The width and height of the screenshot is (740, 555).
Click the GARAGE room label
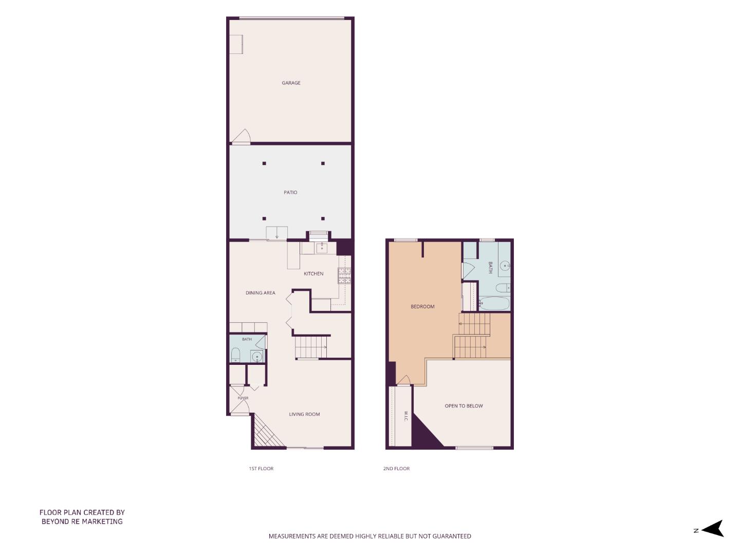[291, 83]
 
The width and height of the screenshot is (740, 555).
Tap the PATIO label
[290, 192]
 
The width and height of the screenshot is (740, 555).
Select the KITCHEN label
[313, 273]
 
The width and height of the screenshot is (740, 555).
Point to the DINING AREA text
[260, 293]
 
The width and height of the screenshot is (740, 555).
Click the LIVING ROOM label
[304, 414]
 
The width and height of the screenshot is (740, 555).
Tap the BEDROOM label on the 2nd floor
[422, 307]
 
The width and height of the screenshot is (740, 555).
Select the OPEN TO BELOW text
[464, 406]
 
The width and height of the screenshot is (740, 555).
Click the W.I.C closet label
[406, 416]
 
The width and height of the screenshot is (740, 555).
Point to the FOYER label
[243, 398]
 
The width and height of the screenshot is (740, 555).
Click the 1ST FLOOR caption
[261, 468]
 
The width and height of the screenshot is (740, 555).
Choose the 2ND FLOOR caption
[396, 468]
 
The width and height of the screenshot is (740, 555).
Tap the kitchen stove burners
[344, 275]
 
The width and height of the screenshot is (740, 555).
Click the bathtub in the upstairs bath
[494, 304]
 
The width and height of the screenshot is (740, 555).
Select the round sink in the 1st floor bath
[257, 356]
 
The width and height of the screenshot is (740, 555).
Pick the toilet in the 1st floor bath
[235, 355]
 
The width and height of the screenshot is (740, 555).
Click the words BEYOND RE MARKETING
[82, 521]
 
